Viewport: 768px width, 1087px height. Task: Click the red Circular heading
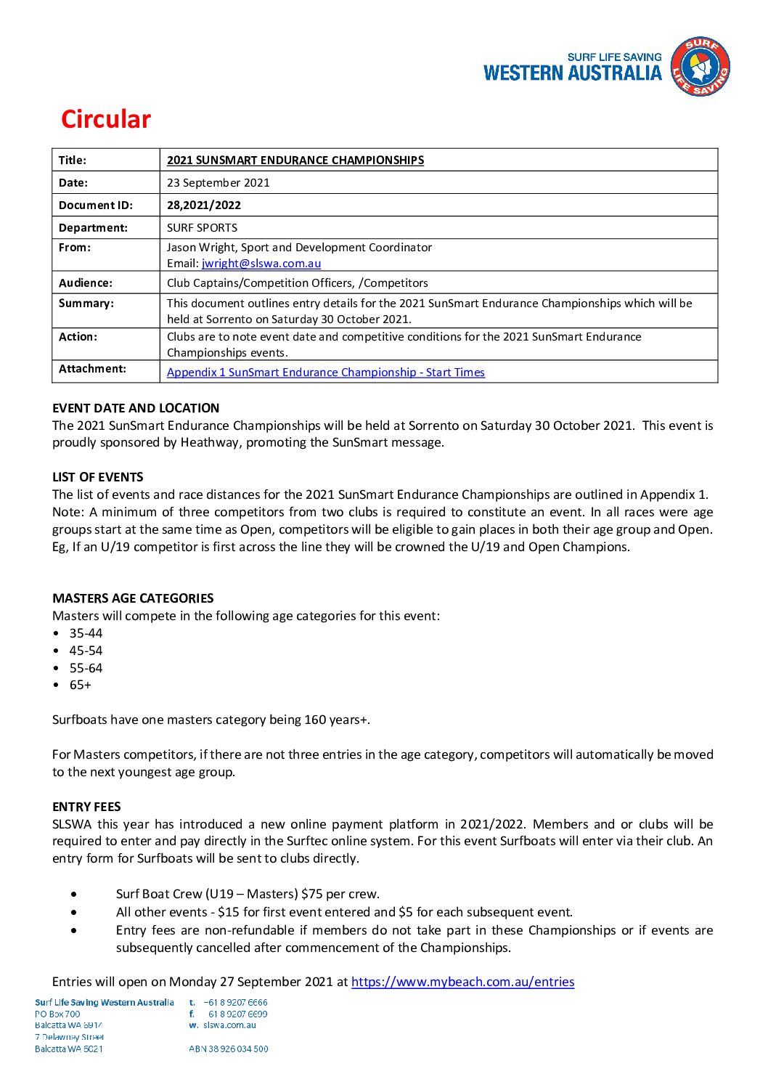[x=106, y=119]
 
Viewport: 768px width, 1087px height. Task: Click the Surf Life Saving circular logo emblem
[x=700, y=68]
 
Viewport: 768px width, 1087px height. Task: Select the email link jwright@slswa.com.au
[x=261, y=264]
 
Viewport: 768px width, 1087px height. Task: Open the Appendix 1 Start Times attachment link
[x=325, y=372]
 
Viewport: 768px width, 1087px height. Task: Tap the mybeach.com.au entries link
[x=462, y=982]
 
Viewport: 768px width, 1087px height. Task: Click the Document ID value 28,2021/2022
[x=204, y=205]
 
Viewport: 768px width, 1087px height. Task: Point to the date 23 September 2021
[x=218, y=183]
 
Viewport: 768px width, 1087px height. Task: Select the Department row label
[x=93, y=228]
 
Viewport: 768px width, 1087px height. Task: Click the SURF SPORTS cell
[x=202, y=228]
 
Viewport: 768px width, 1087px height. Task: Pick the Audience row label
[x=86, y=283]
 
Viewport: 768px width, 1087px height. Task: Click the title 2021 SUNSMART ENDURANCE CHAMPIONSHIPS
[x=295, y=160]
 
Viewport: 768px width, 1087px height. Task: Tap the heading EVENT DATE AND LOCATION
[x=136, y=408]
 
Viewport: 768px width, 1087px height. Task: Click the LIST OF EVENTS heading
[x=98, y=477]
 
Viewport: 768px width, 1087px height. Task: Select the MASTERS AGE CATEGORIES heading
[x=133, y=598]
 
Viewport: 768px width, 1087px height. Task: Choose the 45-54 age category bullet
[x=86, y=651]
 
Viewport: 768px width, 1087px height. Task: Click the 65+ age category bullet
[x=81, y=685]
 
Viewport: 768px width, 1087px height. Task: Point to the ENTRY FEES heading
[x=86, y=807]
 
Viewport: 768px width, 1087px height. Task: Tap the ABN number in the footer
[x=229, y=1049]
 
